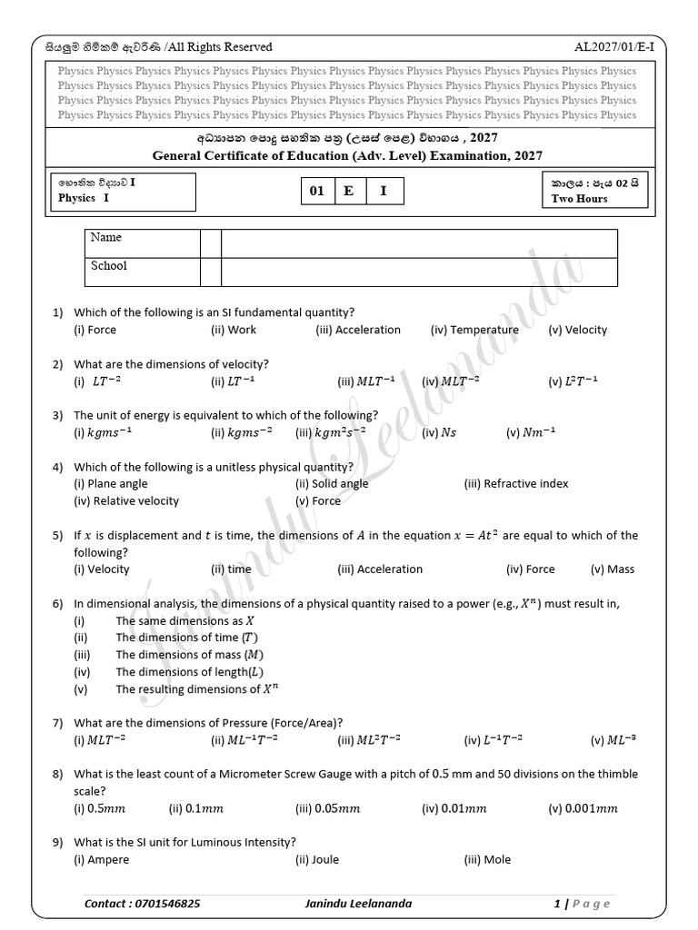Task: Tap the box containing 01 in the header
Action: pos(316,192)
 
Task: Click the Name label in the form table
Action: pos(105,238)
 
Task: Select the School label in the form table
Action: pos(109,266)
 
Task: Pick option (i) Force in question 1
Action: pos(95,330)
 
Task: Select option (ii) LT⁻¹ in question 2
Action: pos(233,382)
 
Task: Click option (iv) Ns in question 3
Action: pos(439,433)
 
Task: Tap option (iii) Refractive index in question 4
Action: pos(515,483)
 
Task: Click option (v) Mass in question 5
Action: pos(612,569)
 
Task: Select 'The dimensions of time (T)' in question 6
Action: pos(180,638)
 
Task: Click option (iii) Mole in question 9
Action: pos(487,859)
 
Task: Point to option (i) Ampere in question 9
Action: pos(101,859)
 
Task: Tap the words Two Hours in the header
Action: pos(579,199)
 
